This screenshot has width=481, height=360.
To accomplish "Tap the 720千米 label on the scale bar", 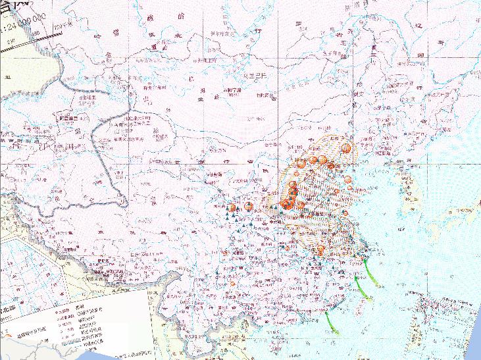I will point(63,26).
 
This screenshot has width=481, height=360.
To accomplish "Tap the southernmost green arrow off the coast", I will point(330,322).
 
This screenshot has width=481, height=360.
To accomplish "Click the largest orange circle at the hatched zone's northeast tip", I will point(345,149).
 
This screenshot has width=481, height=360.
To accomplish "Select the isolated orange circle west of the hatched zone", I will point(249,206).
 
